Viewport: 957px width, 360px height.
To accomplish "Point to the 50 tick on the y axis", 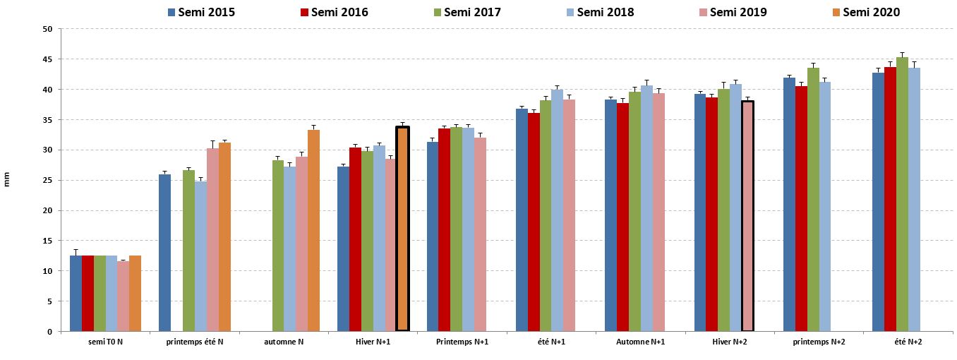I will (x=47, y=29).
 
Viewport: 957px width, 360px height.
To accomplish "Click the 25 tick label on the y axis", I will (x=47, y=181).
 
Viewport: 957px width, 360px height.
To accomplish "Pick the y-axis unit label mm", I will (x=7, y=181).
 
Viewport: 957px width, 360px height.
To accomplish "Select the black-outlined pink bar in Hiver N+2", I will (x=748, y=216).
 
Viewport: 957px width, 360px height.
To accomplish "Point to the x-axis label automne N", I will (x=284, y=342).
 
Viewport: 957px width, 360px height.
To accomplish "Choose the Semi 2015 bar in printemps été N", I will (x=164, y=253).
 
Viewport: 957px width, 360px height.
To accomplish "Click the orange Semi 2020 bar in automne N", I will (x=314, y=230).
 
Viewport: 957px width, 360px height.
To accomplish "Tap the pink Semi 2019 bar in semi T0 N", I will (x=123, y=296).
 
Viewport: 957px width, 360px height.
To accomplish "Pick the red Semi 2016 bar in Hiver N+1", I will (x=355, y=239).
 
